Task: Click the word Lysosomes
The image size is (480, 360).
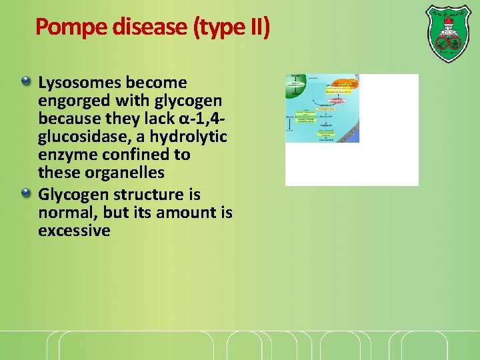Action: point(80,83)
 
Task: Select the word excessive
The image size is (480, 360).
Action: point(74,231)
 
